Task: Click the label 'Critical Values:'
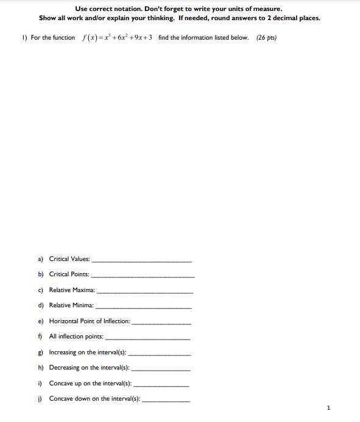tap(69, 259)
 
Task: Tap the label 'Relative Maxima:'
tap(72, 290)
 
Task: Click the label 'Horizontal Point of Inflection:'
tap(90, 321)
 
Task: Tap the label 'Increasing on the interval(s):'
tap(88, 352)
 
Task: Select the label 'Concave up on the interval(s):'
tap(90, 384)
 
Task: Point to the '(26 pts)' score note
tap(266, 38)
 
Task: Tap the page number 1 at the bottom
tap(328, 407)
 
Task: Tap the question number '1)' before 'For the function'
tap(24, 38)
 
